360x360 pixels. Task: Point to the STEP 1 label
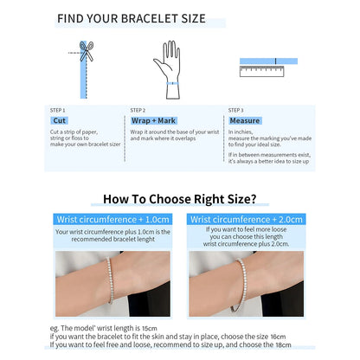58,110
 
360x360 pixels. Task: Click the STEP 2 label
138,110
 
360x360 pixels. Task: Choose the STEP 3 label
236,110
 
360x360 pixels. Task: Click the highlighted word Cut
60,121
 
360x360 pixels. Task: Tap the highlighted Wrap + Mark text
151,121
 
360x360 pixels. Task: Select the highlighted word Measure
244,121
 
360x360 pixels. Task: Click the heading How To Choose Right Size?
179,199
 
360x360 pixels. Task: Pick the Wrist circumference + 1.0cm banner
113,220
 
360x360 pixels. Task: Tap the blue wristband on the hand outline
170,83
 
